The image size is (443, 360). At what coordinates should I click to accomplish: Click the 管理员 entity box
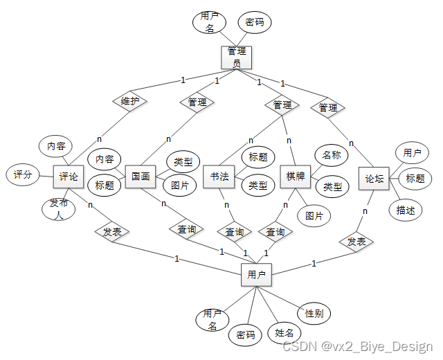point(236,57)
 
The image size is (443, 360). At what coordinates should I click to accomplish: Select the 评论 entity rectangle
point(69,177)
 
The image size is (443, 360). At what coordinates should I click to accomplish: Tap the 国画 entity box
point(141,177)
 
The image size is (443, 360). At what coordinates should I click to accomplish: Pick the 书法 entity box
point(220,177)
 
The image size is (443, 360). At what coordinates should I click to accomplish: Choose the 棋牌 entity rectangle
point(296,177)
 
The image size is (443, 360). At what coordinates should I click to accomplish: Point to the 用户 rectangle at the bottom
point(256,275)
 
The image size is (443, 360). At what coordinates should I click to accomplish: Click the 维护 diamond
point(130,101)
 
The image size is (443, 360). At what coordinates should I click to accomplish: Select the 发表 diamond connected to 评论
point(112,232)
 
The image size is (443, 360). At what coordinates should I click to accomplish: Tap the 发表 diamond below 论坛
point(356,242)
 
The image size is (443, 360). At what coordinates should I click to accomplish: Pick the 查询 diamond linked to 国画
point(186,228)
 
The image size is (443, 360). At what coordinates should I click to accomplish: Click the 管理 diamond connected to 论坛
point(328,107)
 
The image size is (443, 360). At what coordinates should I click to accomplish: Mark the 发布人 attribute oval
point(58,208)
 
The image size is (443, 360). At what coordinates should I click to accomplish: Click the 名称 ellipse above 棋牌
point(331,155)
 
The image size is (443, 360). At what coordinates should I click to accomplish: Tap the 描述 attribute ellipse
point(406,210)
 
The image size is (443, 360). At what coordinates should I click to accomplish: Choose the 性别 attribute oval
point(314,313)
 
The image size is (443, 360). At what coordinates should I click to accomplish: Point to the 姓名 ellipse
point(284,333)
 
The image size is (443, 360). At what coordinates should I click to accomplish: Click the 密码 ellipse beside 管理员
point(254,22)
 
